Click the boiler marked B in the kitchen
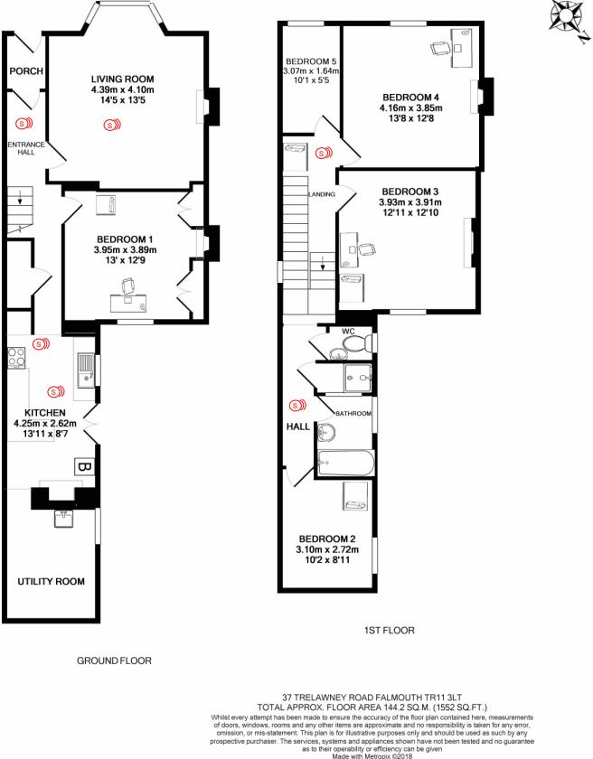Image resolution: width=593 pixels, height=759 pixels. coord(81,467)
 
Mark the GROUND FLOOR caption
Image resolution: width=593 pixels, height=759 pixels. coord(113,661)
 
